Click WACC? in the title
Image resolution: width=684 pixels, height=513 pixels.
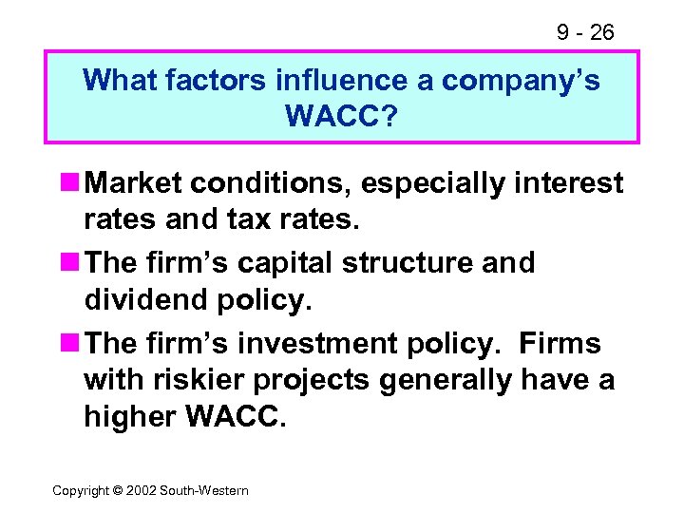pos(341,118)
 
